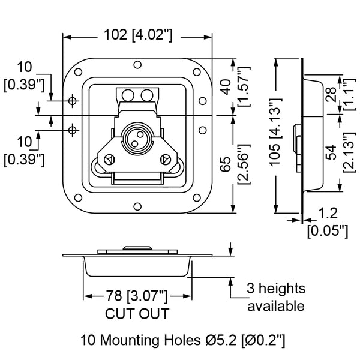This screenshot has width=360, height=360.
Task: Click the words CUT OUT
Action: coord(136,313)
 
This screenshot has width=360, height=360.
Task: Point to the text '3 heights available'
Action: coord(276,298)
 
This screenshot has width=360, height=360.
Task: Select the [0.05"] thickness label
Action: coord(328,229)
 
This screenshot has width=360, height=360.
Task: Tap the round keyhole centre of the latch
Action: coord(136,139)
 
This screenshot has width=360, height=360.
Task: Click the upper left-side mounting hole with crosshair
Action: coord(73,101)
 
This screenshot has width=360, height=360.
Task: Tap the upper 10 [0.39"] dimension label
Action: coord(25,75)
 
